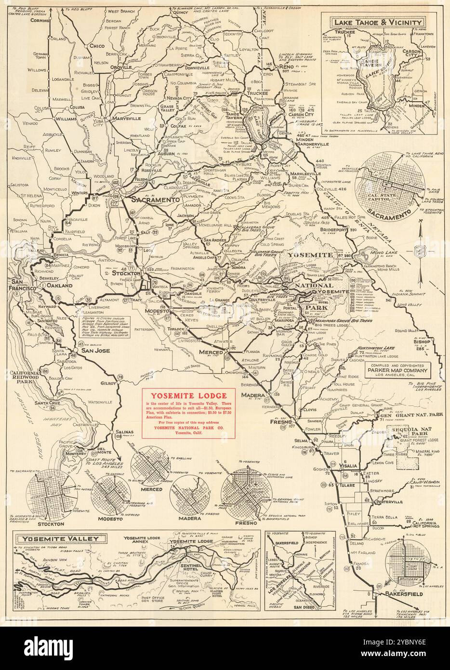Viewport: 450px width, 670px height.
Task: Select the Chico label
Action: [97, 45]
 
